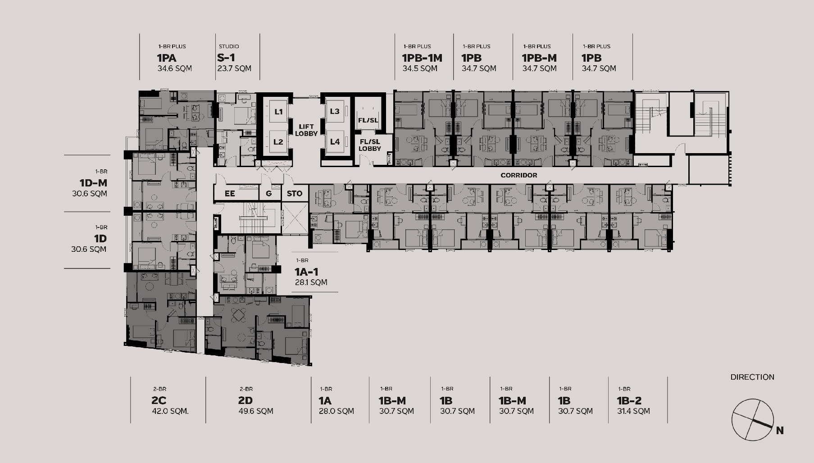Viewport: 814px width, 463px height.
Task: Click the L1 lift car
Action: click(278, 111)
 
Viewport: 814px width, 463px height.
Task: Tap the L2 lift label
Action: click(278, 142)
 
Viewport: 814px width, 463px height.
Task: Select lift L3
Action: click(334, 111)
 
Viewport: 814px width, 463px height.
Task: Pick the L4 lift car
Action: click(334, 142)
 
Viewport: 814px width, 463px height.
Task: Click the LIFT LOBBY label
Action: click(306, 130)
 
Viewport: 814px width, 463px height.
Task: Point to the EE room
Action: click(230, 194)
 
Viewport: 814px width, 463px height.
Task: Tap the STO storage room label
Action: click(295, 194)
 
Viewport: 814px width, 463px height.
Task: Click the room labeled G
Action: click(269, 194)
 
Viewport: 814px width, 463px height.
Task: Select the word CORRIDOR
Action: click(519, 175)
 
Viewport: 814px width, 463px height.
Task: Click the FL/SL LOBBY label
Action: click(370, 145)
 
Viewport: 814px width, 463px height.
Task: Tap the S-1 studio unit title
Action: click(226, 58)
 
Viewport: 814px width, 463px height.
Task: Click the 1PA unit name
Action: click(167, 58)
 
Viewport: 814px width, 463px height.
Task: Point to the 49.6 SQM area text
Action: click(256, 411)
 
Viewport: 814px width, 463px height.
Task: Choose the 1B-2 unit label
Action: click(629, 400)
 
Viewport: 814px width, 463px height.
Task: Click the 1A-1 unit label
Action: click(307, 272)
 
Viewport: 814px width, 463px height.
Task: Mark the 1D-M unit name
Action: click(93, 183)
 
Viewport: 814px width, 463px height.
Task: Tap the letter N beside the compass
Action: click(780, 431)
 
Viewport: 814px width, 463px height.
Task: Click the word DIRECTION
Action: click(752, 377)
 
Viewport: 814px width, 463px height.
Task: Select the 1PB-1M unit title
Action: click(422, 58)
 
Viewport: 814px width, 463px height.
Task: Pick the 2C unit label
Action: click(159, 400)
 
